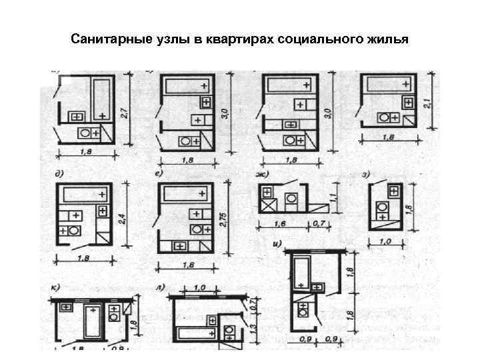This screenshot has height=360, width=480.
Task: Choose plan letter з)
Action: pyautogui.click(x=366, y=175)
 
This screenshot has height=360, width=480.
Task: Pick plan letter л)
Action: pyautogui.click(x=159, y=287)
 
